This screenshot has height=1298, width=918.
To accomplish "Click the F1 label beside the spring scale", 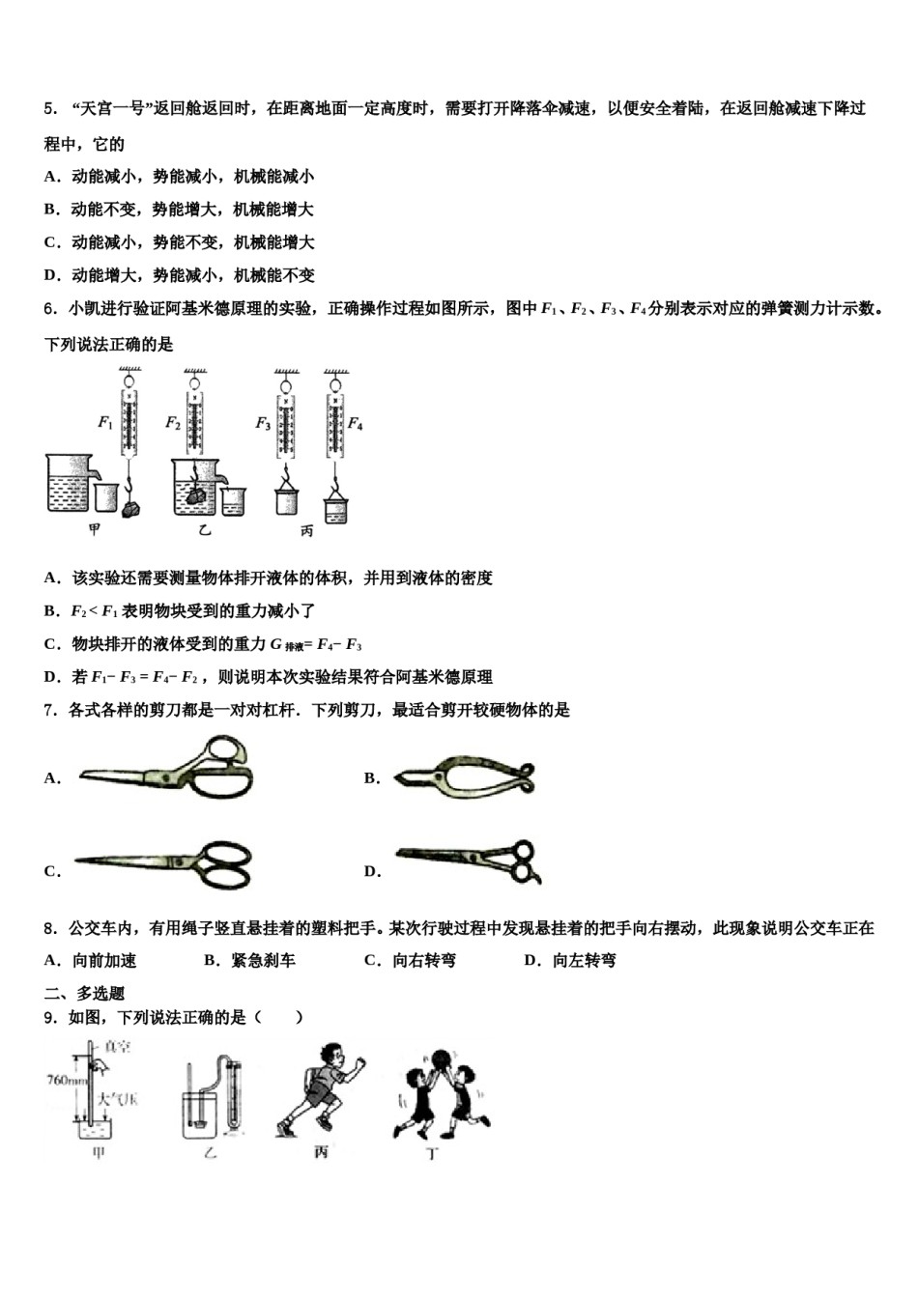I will (x=105, y=422).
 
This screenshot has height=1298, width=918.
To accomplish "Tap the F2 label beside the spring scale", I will (x=173, y=422).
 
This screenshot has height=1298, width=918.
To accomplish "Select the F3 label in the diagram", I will (x=262, y=423).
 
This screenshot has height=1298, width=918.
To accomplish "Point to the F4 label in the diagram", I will (x=355, y=423).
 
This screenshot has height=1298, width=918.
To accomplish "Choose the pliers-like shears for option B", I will (x=465, y=776).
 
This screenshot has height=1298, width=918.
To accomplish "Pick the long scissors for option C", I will (x=164, y=862).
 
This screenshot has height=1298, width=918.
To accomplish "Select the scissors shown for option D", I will (x=470, y=859).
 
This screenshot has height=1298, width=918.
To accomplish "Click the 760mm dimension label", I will (x=65, y=1079).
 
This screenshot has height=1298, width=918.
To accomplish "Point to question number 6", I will (x=49, y=309).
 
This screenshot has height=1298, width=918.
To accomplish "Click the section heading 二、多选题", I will (x=84, y=993).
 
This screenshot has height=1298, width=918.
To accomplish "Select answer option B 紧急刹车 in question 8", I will (x=249, y=960).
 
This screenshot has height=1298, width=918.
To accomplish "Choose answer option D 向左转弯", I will (x=570, y=960).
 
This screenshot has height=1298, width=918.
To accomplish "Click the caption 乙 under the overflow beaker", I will (x=204, y=530).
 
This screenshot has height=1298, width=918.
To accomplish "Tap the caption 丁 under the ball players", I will (x=433, y=1153).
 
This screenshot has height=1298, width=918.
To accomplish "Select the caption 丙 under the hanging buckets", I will (x=307, y=530).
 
